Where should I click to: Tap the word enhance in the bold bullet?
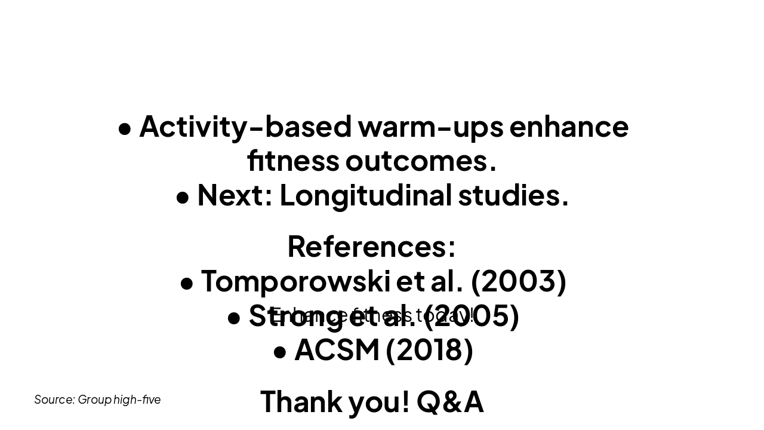pos(569,127)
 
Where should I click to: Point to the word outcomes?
pos(420,161)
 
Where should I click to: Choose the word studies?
pos(513,195)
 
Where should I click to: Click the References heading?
pos(371,246)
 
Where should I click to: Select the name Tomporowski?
pos(295,281)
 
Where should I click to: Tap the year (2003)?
pos(518,281)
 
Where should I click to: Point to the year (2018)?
pos(429,349)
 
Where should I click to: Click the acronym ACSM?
pos(337,349)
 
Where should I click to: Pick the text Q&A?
pos(450,401)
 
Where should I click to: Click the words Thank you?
pos(335,401)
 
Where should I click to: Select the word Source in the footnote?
pos(54,400)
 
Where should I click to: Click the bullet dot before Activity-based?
pos(125,128)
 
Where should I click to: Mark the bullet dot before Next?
pos(183,197)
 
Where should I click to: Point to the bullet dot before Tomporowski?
pos(187,283)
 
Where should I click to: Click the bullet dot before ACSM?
pos(280,352)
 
